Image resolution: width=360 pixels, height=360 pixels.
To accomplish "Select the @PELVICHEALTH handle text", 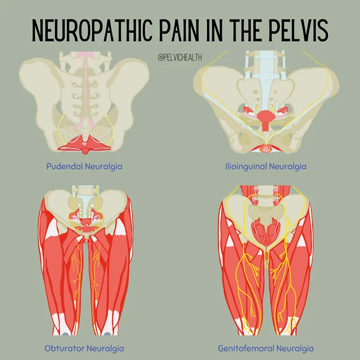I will click(180, 57).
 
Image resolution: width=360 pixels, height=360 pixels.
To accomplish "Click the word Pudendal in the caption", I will click(65, 166).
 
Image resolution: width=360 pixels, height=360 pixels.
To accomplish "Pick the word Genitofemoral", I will click(245, 348).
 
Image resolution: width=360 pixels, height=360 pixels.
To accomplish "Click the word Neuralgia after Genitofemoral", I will click(294, 348).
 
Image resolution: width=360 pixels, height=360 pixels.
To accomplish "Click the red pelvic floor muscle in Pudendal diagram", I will click(84, 143).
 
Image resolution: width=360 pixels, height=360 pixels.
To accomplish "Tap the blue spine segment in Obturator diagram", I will click(86, 192).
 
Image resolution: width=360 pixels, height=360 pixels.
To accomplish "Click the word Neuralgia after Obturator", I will click(106, 348).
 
